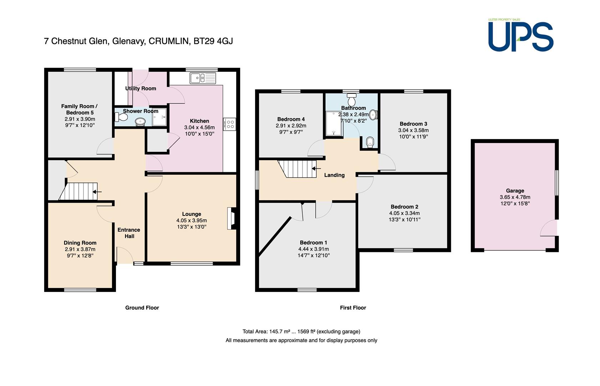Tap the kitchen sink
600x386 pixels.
pos(203,78)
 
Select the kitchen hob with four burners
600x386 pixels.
pos(230,124)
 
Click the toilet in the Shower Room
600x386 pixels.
pos(121,117)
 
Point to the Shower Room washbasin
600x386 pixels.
pos(140,122)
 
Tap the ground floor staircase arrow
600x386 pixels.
pos(97,192)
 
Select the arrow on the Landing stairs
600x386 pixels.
pos(316,169)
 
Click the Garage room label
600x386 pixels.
pos(515,190)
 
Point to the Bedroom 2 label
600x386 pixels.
pos(405,207)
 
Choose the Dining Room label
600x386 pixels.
pos(80,243)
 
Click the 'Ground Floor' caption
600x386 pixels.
pos(142,308)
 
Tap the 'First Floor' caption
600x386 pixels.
pos(353,308)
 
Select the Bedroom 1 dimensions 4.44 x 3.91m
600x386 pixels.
pos(314,249)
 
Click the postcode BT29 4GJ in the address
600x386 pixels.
pos(213,41)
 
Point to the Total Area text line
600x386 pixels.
pos(301,332)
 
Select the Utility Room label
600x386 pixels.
pos(141,88)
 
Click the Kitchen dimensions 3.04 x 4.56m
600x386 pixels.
pos(199,128)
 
